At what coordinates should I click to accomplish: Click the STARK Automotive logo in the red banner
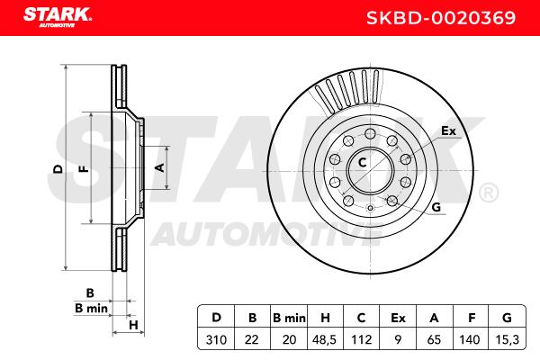click(x=58, y=17)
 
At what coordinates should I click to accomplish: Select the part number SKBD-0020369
click(x=441, y=18)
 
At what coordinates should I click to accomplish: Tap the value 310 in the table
click(x=216, y=339)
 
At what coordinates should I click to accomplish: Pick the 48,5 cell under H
click(x=324, y=339)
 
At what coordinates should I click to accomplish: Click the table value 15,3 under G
click(x=507, y=339)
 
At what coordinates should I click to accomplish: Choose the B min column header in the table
click(x=289, y=318)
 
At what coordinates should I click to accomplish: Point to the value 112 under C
click(x=361, y=339)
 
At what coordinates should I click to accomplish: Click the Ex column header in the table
click(x=398, y=318)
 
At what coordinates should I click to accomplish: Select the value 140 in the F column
click(x=470, y=339)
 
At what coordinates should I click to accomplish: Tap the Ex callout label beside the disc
click(x=448, y=130)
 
